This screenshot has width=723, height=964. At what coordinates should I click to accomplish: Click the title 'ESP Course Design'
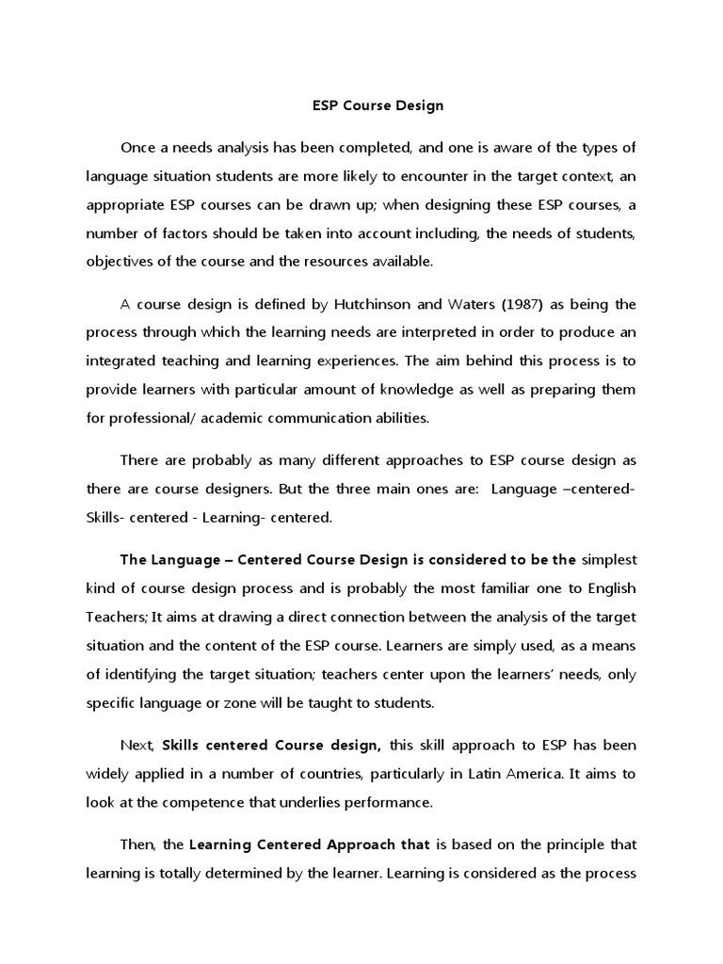pos(377,105)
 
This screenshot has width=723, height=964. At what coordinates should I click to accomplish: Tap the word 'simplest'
pos(609,559)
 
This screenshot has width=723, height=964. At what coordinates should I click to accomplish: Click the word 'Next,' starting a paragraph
pos(137,745)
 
